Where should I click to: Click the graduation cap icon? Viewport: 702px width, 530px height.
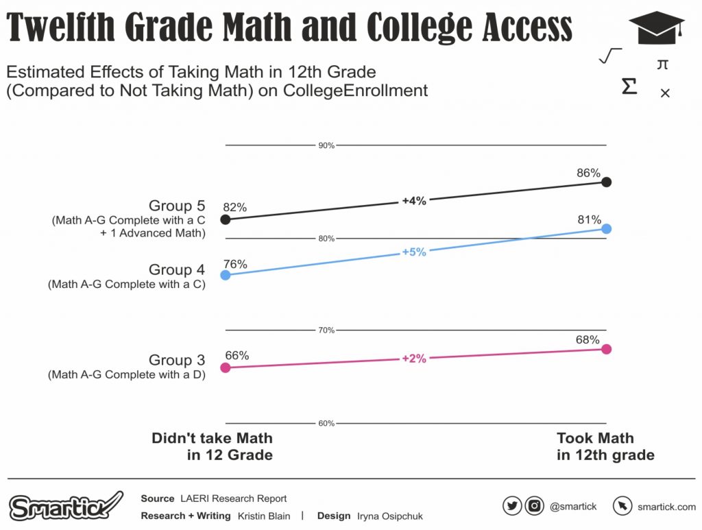656,29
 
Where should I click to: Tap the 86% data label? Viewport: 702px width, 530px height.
588,173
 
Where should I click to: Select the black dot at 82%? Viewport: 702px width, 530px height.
225,219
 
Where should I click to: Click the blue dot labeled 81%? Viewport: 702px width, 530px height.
606,228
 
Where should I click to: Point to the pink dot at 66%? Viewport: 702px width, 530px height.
225,368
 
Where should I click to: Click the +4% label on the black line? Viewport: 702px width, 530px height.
414,201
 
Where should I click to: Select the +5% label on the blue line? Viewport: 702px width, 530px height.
414,252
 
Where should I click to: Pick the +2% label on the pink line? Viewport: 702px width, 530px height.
414,358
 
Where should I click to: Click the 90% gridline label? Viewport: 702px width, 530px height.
326,145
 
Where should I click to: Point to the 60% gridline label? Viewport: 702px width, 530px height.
326,423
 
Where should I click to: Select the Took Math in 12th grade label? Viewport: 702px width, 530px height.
605,446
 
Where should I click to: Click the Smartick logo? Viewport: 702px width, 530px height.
66,507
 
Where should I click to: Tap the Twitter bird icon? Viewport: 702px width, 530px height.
512,506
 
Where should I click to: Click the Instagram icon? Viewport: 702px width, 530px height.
534,506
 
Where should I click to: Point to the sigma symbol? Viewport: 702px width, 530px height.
629,87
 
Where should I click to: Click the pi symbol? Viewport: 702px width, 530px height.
662,64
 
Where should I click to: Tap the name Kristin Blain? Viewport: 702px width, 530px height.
264,516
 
